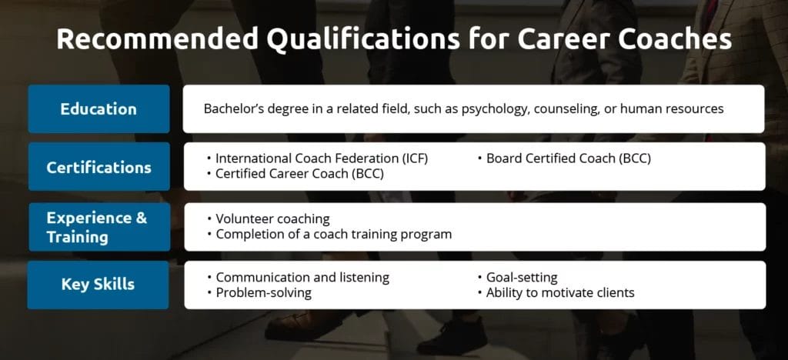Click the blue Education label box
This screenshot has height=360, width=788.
tap(98, 108)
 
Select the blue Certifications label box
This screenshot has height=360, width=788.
tap(98, 166)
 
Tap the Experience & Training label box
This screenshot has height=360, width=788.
tap(98, 226)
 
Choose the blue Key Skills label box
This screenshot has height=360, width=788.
tap(98, 284)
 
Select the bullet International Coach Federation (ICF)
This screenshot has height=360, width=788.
tap(321, 158)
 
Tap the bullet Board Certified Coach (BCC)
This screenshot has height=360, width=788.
tap(568, 158)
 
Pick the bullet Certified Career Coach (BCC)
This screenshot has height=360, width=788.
tap(299, 174)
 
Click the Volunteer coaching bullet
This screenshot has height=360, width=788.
tap(272, 218)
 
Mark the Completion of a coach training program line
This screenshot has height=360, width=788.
tap(333, 234)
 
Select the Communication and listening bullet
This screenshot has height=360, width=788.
tap(302, 277)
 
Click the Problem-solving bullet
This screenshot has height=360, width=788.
tap(263, 292)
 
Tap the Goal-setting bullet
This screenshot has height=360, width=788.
tap(521, 277)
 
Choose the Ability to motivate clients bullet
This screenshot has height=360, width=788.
tap(559, 292)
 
